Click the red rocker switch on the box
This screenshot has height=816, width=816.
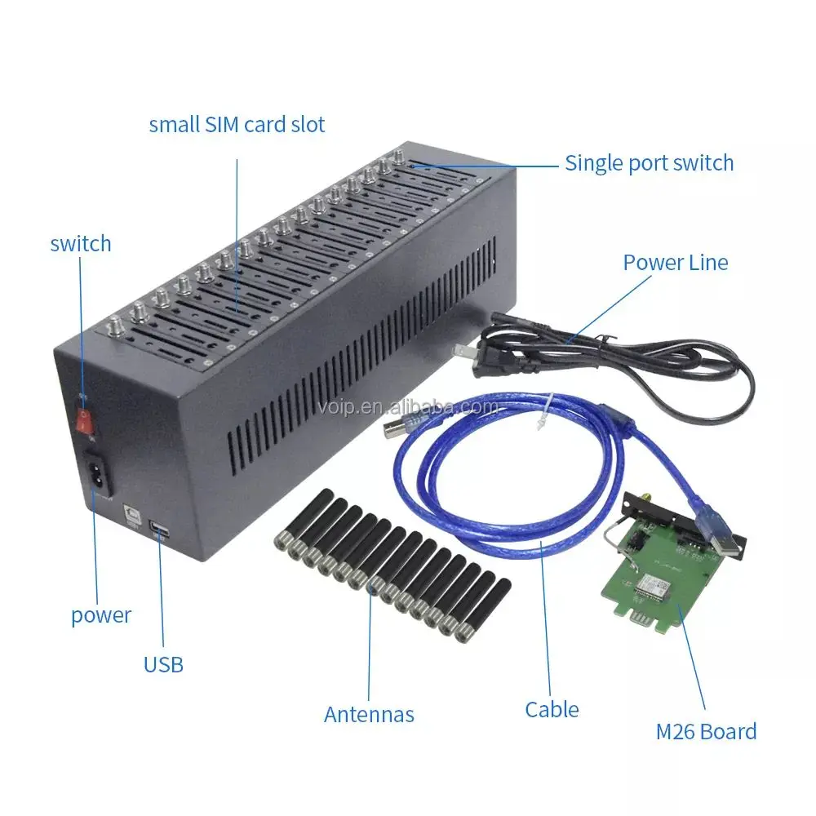[82, 421]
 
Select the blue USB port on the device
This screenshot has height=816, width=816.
[158, 533]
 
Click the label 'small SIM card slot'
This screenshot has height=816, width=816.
[237, 125]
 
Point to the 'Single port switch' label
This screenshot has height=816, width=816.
[650, 162]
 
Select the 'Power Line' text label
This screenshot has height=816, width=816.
[676, 262]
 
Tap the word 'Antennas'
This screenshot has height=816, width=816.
[369, 715]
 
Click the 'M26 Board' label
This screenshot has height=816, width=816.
[707, 731]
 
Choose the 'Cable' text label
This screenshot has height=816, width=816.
[552, 710]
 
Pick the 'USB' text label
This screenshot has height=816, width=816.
[163, 664]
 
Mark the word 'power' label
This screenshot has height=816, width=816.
[101, 614]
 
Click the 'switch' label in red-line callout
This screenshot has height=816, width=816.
[81, 243]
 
